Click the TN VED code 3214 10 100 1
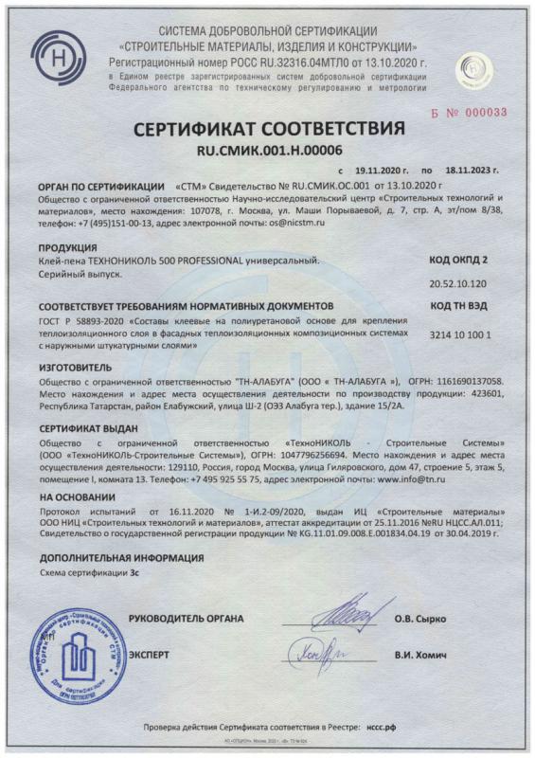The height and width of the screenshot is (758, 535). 458,335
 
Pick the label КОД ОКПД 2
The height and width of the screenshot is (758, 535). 459,257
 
